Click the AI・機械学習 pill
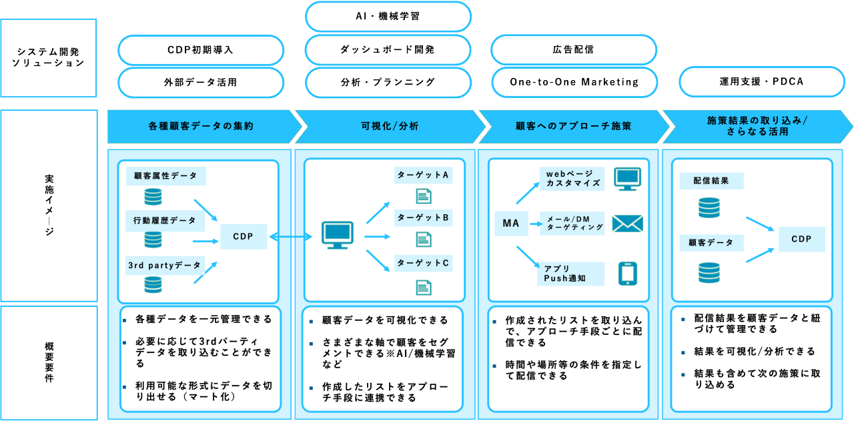coord(388,16)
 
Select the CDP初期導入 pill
coord(201,50)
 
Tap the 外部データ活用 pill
coord(201,82)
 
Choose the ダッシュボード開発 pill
coord(388,50)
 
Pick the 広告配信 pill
coord(574,50)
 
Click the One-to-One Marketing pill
coord(574,82)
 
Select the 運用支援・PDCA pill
coord(761,82)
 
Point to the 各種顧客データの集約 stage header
coord(201,126)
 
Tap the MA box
coord(511,224)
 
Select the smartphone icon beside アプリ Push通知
coord(627,274)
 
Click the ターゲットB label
coord(423,218)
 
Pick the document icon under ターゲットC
coord(423,287)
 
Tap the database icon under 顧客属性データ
coord(153,197)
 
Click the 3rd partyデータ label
coord(165,265)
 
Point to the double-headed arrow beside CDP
coord(290,236)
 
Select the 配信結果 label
coord(711,181)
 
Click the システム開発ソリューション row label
coord(49,57)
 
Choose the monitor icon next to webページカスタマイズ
coord(626,179)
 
